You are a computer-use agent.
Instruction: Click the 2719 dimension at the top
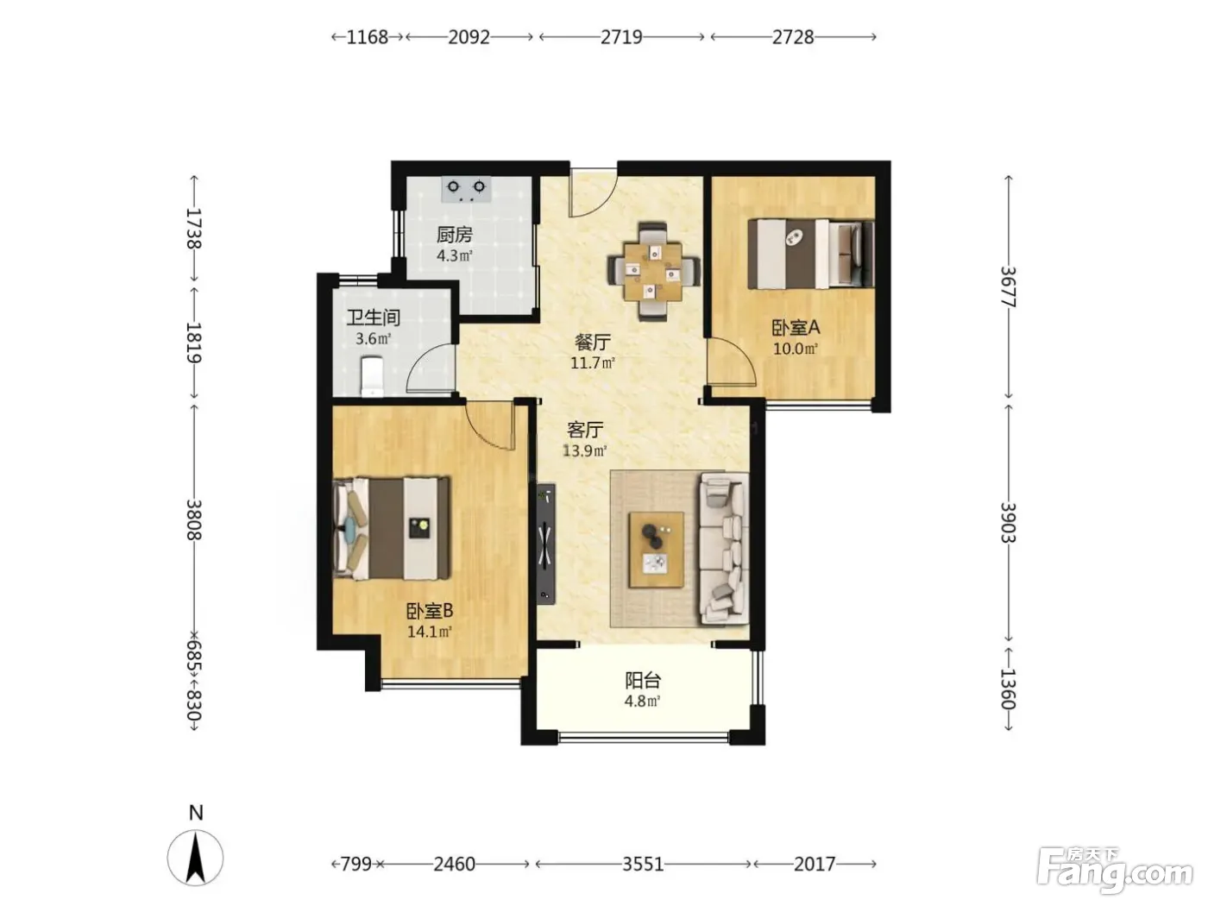coord(621,37)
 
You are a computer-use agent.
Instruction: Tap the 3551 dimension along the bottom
coord(643,865)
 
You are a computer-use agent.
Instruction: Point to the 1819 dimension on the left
coord(194,343)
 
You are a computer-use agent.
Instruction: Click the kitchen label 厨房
coord(455,235)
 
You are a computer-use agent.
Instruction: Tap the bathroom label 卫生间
coord(373,318)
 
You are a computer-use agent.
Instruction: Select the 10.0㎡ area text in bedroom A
coord(796,349)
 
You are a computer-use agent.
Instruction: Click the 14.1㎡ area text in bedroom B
coord(429,632)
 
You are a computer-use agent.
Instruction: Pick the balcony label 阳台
coord(643,681)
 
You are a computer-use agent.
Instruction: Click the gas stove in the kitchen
coord(466,189)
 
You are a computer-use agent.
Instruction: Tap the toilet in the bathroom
coord(372,376)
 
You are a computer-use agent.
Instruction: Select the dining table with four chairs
coord(653,271)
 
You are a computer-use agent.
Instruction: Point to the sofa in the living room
coord(723,549)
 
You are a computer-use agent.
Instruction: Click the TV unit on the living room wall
coord(546,544)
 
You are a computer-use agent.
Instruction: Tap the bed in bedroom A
coord(811,254)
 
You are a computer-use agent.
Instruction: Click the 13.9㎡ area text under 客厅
coord(584,451)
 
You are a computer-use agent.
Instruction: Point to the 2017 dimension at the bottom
coord(815,865)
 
